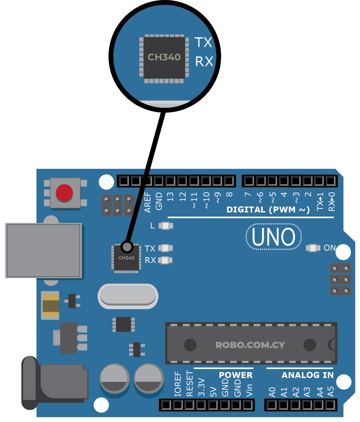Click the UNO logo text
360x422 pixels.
[x=274, y=237]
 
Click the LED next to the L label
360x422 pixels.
[x=165, y=226]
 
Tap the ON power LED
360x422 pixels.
[x=313, y=248]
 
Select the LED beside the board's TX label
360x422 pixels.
[x=165, y=248]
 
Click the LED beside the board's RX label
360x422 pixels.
[x=165, y=260]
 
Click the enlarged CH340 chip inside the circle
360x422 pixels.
[x=164, y=57]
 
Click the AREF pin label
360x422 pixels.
[x=148, y=202]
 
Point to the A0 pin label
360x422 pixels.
[x=272, y=392]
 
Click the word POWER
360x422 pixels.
[x=236, y=375]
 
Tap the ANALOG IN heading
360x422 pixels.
[x=307, y=375]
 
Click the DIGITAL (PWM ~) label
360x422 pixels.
[x=268, y=210]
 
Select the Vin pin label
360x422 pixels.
[x=249, y=390]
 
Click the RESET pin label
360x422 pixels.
[x=189, y=384]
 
